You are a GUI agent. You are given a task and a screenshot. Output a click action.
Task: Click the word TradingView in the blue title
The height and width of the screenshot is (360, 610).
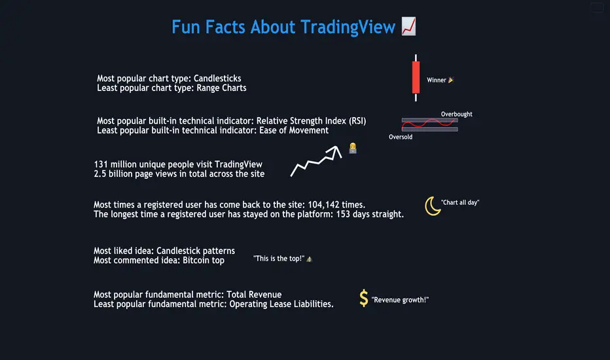(348, 27)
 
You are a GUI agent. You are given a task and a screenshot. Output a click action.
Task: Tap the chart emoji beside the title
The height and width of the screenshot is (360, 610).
(408, 26)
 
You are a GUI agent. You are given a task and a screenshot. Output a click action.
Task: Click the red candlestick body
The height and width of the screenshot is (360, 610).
(416, 77)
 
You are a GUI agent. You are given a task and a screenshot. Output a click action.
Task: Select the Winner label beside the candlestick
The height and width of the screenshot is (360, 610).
(436, 80)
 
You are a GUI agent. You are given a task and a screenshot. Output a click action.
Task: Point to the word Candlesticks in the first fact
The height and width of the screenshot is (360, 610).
(217, 79)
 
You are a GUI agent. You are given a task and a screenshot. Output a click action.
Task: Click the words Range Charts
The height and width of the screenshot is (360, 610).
(221, 88)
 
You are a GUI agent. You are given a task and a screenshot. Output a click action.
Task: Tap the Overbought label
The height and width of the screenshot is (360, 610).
(456, 114)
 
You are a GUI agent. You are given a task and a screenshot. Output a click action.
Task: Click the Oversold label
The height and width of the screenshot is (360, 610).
(401, 137)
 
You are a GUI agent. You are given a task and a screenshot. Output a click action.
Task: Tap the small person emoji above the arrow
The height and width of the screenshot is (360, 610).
(353, 148)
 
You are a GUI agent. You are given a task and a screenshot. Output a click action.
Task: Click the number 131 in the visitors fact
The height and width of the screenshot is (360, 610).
(101, 164)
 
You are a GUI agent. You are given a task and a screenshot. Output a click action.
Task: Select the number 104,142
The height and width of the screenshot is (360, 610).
(325, 205)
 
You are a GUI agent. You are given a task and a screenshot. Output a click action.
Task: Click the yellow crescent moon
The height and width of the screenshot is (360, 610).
(432, 206)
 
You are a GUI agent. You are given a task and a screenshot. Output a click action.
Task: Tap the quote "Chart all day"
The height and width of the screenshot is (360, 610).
(460, 202)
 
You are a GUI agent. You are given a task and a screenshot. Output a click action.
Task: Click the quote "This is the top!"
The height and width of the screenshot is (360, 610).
(279, 259)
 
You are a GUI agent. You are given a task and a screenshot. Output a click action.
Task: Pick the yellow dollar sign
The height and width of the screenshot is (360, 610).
(363, 298)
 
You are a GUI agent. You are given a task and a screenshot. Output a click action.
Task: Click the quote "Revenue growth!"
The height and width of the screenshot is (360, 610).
(400, 300)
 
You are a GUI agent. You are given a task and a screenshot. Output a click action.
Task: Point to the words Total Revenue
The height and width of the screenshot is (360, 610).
(254, 295)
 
